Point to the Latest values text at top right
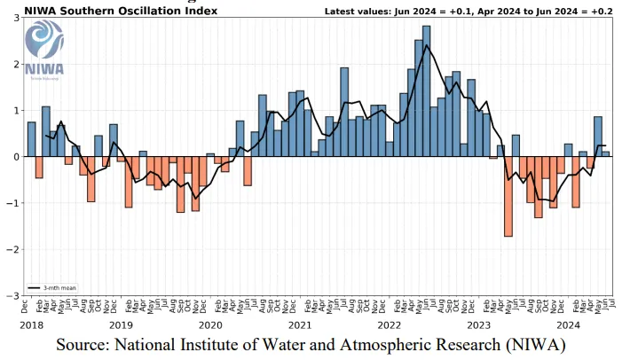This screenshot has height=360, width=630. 493,10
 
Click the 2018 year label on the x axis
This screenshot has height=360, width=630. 30,325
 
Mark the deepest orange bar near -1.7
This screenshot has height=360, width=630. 508,196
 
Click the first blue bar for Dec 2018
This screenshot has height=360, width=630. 32,139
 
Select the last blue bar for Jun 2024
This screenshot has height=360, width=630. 606,154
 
